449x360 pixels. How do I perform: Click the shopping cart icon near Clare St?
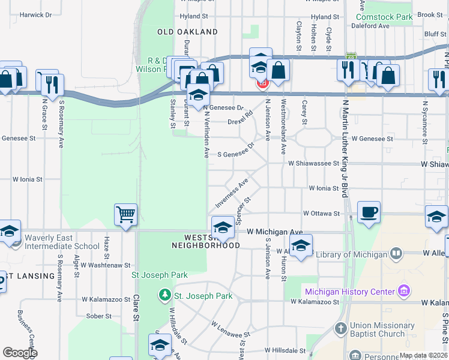(125, 214)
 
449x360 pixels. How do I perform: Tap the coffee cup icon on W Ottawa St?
(369, 211)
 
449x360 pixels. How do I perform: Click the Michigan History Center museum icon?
(404, 292)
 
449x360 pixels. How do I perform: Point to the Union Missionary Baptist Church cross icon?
(340, 329)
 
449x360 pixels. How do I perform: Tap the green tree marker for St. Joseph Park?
(164, 295)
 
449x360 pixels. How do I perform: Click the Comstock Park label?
(388, 17)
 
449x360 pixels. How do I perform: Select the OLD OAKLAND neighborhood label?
(187, 31)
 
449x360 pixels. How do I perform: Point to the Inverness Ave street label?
(234, 191)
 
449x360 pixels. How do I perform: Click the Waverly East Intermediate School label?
(62, 246)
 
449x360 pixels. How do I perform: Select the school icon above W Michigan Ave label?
(223, 227)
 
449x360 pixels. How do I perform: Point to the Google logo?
(20, 353)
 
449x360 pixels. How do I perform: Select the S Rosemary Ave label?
(61, 124)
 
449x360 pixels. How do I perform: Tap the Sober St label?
(99, 316)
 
